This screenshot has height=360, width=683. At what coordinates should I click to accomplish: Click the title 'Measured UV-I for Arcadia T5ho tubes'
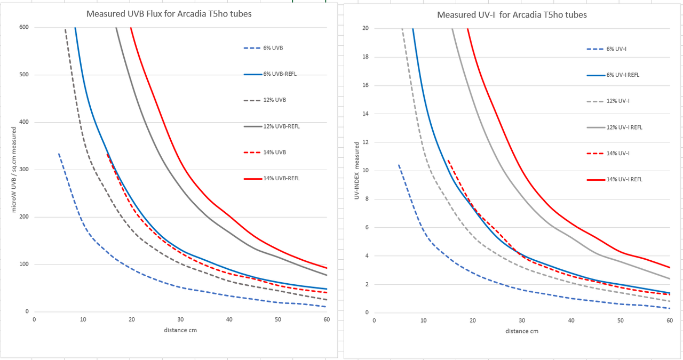coord(512,14)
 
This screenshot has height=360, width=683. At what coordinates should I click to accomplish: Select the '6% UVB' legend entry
coord(273,48)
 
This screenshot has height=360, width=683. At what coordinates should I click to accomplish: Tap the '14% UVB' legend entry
coord(274,153)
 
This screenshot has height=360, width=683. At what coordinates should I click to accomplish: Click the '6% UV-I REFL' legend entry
coord(623,75)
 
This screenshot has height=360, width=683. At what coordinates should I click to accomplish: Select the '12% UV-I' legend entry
coord(616,101)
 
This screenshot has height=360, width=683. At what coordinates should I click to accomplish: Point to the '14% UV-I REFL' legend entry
coord(624,179)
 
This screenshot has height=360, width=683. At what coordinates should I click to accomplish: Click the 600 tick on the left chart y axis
coord(24,27)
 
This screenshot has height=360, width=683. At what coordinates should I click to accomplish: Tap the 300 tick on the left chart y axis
coord(24,170)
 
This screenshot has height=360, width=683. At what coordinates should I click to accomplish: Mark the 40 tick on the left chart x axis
coord(229,319)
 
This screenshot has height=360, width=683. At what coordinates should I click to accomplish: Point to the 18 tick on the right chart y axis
coord(365,57)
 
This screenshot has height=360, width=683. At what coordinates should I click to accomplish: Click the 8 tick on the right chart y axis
coord(367,199)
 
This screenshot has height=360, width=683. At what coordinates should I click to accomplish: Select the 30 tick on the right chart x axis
coord(521,321)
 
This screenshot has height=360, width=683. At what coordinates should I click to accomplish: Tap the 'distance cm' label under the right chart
coord(522,331)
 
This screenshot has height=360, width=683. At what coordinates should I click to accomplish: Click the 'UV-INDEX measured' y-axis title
coord(356,171)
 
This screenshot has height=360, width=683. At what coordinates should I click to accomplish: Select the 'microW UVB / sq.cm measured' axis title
coord(14,169)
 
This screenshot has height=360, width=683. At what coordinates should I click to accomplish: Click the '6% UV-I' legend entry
coord(616,49)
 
